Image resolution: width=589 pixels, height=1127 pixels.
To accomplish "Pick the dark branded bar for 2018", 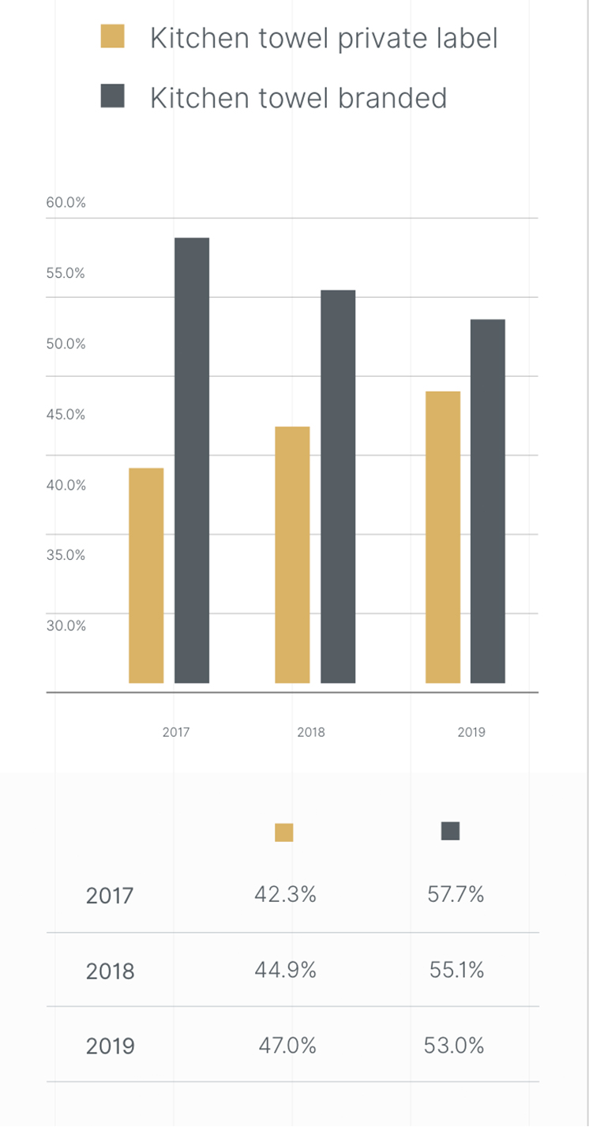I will click(x=338, y=486).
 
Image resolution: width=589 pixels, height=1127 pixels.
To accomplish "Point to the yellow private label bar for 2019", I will click(x=443, y=537).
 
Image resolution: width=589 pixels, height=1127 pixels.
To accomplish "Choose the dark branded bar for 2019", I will click(x=487, y=501).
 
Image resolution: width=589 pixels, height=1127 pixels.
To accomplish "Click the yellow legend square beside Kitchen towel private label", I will click(x=113, y=37).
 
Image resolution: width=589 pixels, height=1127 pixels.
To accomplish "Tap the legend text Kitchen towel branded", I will click(x=298, y=98).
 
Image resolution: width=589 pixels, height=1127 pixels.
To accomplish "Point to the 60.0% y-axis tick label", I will click(x=66, y=202).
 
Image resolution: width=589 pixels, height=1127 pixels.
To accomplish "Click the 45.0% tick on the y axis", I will click(x=66, y=414).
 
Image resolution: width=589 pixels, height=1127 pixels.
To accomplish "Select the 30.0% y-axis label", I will click(x=66, y=625).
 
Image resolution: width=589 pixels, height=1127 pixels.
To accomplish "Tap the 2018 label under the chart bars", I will click(x=311, y=732).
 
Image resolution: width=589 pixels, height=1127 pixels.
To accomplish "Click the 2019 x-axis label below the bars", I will click(x=471, y=732).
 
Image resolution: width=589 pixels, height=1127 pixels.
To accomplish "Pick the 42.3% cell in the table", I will click(x=285, y=894).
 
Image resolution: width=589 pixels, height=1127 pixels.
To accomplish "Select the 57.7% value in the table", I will click(x=455, y=894).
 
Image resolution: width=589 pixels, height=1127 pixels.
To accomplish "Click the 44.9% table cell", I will click(x=285, y=970).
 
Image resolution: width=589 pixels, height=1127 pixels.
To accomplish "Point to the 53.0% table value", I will click(x=454, y=1046).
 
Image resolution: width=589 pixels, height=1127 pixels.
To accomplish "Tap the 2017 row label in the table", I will click(x=110, y=896).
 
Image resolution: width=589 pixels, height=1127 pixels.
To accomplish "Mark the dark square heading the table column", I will click(x=450, y=831).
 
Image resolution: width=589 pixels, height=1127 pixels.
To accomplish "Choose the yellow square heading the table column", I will click(x=284, y=832).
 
